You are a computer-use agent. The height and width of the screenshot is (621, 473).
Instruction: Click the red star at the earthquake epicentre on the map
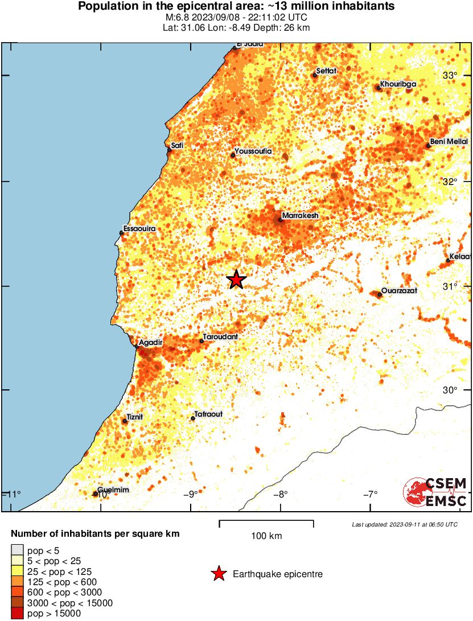pos(236,279)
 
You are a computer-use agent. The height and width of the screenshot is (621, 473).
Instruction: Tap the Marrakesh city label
pos(300,216)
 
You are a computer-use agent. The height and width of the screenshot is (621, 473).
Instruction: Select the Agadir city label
pos(151,343)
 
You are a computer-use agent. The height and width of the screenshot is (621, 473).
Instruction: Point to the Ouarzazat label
pos(399,290)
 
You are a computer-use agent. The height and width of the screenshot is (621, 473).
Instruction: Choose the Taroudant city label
pos(220,337)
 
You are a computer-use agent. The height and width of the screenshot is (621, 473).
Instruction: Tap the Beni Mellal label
pos(449,141)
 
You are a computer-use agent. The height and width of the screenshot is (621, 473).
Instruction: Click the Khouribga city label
pos(398,84)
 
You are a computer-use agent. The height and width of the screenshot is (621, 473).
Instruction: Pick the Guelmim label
pos(113,490)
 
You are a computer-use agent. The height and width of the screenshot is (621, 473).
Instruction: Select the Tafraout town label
pos(208,414)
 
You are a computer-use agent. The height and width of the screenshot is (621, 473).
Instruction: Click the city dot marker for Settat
pos(315,75)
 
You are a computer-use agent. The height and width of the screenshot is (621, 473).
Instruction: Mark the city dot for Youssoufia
pos(233,155)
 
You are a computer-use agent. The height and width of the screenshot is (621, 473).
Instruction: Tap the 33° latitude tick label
pos(451,76)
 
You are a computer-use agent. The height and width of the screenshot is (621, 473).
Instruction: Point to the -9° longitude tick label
pos(191,493)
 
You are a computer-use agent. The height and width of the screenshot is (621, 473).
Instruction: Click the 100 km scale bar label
pos(266,536)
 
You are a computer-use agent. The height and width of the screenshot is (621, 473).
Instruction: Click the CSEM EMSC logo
pos(435,492)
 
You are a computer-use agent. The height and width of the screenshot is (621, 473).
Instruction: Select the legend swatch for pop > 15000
pos(18,613)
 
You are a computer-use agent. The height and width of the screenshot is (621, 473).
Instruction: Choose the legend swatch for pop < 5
pos(18,550)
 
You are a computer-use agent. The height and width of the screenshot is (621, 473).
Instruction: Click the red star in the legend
pos(219,574)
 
